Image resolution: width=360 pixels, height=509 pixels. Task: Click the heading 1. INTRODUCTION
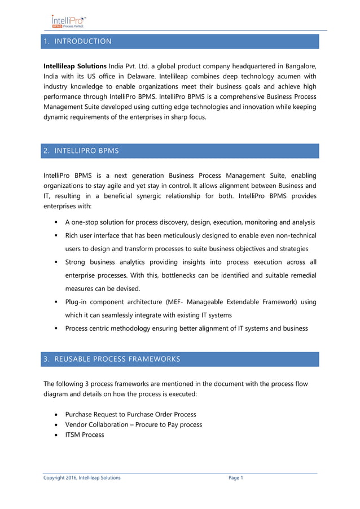[x=77, y=41]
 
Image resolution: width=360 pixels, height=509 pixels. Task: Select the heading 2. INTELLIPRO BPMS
[x=81, y=151]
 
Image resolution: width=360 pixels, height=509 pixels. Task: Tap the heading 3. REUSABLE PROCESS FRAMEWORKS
[x=112, y=359]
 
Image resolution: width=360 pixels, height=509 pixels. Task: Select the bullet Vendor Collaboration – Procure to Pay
[x=134, y=424]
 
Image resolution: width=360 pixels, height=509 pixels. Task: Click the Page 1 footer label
[x=235, y=478]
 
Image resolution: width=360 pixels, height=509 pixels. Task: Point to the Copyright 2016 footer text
[x=82, y=478]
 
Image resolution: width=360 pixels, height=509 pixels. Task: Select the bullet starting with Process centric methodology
[x=186, y=328]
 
